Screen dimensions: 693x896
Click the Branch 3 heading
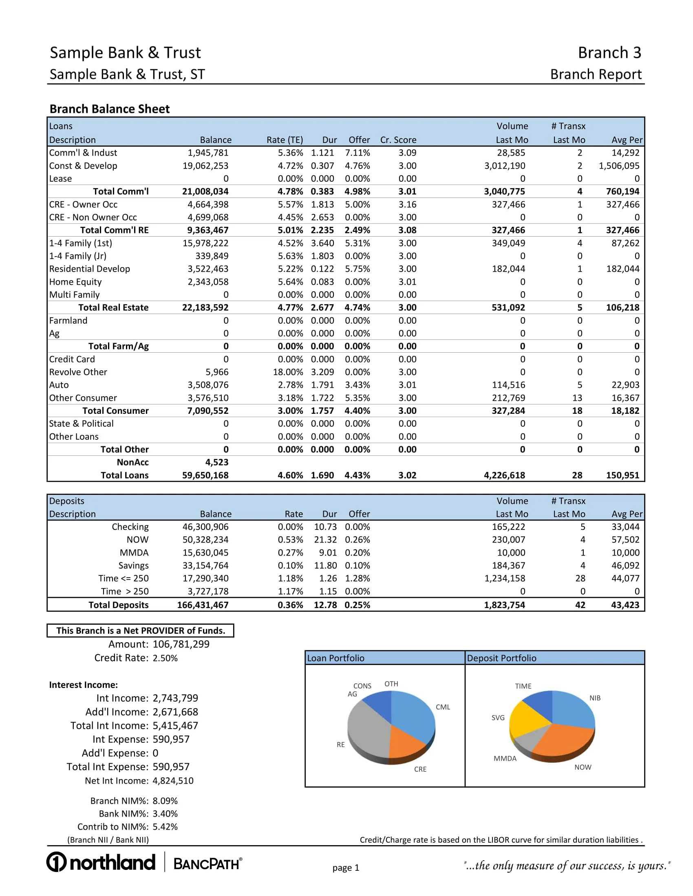coord(609,53)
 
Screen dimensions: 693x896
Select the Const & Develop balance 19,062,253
coord(205,166)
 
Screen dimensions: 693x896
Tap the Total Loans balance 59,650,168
coord(205,475)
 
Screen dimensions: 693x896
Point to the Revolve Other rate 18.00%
coord(288,372)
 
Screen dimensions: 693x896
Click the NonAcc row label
coord(132,462)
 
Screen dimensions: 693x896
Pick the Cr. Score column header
coord(398,140)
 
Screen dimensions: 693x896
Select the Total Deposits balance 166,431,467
coord(203,605)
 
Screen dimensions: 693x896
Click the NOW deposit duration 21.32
coord(325,540)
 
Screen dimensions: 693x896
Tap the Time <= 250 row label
coord(124,578)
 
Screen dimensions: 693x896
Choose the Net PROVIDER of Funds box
coord(140,630)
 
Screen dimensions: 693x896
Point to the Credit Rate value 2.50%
coord(165,658)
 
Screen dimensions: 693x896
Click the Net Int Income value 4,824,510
coord(173,781)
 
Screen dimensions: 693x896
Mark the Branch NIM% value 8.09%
coord(165,801)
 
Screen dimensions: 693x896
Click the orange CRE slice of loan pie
coord(406,742)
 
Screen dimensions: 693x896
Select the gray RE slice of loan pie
coord(367,728)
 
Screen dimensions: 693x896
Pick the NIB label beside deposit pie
coord(595,698)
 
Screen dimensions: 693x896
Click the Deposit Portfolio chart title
coord(502,658)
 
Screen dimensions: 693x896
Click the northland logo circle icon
coord(56,862)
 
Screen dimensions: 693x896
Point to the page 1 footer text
coord(346,867)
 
